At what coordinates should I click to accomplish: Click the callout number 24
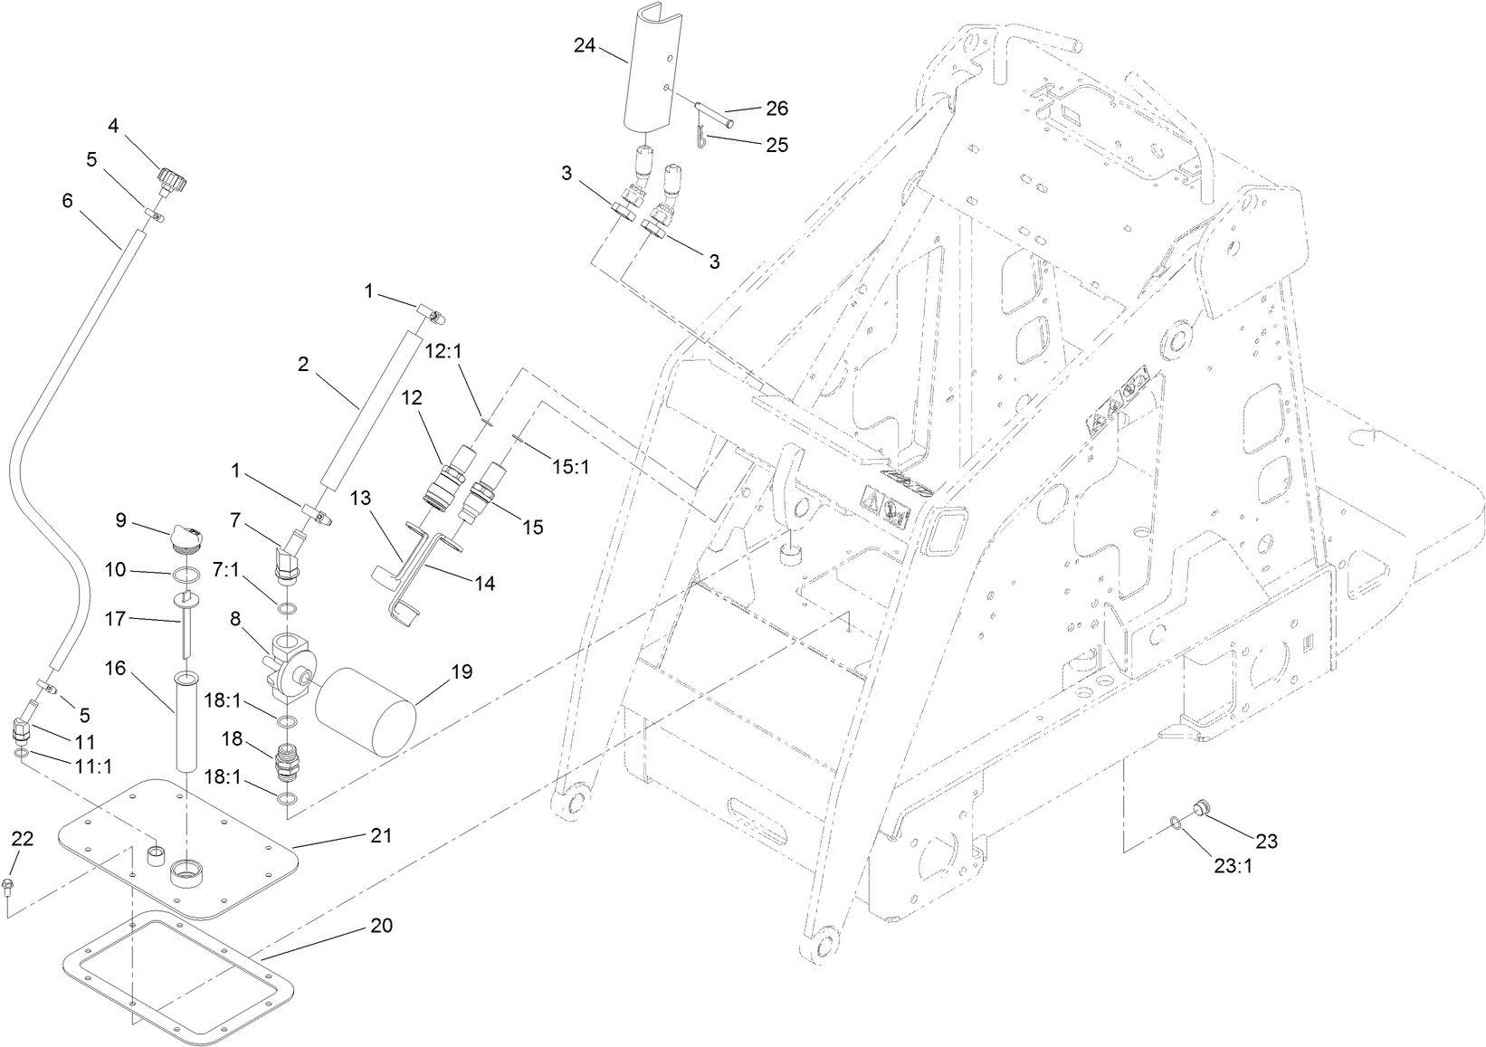click(x=585, y=45)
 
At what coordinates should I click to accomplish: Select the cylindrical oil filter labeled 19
click(x=367, y=711)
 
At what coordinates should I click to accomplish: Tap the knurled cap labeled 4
click(x=171, y=177)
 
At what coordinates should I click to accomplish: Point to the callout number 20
click(x=381, y=928)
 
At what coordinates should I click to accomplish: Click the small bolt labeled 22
click(x=10, y=884)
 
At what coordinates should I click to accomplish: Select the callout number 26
click(x=776, y=109)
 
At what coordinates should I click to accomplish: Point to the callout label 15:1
click(x=571, y=467)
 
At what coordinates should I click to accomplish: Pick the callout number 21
click(x=382, y=835)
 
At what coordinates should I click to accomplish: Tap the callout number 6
click(x=68, y=201)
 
